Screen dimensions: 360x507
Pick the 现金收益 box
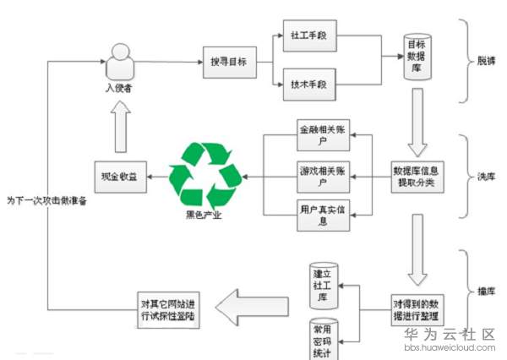(117, 177)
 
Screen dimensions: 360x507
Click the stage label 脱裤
(486, 62)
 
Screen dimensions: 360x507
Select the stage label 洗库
(486, 177)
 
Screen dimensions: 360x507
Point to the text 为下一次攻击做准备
(46, 201)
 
